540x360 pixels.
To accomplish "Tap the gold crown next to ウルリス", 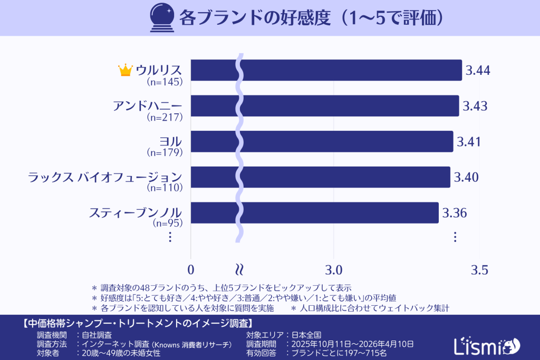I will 125,70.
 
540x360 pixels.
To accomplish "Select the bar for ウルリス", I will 326,70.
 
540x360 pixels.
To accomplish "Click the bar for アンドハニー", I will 324,106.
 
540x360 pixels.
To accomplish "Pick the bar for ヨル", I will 322,141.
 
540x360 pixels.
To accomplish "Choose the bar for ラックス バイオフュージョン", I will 320,177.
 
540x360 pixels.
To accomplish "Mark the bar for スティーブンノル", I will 314,212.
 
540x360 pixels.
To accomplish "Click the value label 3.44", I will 478,70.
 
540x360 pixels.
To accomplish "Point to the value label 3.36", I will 454,212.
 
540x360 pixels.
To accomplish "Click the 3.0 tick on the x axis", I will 334,270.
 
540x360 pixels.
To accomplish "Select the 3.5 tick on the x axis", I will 478,270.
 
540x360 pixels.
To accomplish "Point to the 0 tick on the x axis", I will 190,270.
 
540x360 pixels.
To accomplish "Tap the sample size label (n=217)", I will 165,117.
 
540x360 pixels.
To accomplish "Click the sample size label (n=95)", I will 167,223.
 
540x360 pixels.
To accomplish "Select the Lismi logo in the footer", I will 486,345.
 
